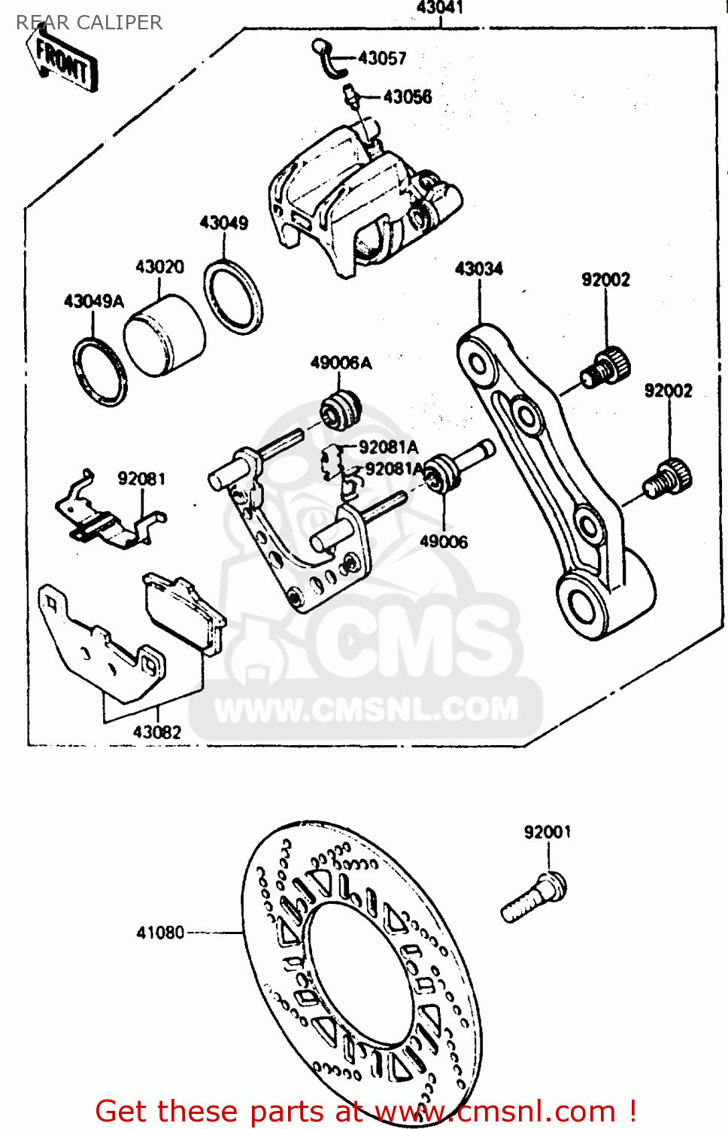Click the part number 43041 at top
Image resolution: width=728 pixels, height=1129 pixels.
pos(439,8)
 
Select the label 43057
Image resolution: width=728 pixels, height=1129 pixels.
pos(381,58)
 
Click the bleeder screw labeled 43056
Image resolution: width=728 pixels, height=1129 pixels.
pos(350,97)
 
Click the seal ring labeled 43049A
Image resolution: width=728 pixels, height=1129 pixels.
pos(99,372)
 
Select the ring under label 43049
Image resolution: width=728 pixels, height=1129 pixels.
pos(233,297)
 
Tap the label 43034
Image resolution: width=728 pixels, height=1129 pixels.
pos(478,269)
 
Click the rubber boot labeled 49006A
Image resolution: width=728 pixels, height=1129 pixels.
pos(341,409)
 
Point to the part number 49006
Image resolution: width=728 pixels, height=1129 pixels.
pos(443,541)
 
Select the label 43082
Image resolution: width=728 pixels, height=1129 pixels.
pos(156,732)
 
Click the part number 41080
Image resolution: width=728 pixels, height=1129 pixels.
pos(160,933)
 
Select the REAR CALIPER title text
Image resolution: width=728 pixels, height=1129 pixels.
pos(89,23)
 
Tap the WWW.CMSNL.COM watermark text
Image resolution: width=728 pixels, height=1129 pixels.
pos(366,710)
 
